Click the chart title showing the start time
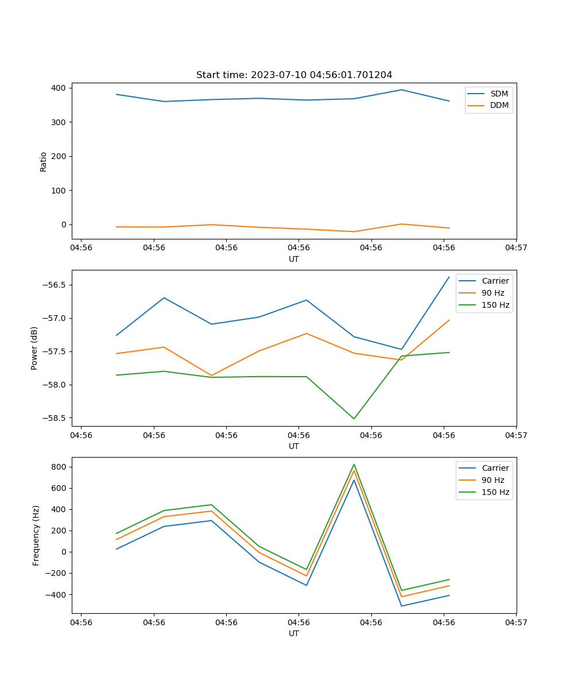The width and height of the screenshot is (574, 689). click(294, 75)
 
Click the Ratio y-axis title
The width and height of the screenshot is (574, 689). click(44, 161)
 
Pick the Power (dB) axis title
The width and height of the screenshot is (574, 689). click(34, 348)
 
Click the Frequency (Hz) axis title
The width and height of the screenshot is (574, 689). click(36, 535)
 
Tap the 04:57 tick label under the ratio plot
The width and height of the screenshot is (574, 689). click(516, 248)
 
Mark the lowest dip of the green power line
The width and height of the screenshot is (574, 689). click(354, 419)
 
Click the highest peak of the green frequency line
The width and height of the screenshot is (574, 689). click(354, 465)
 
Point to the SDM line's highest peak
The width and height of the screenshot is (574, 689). click(401, 90)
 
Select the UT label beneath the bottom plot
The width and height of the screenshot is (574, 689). click(294, 633)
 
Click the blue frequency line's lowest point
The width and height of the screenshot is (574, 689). click(401, 606)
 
